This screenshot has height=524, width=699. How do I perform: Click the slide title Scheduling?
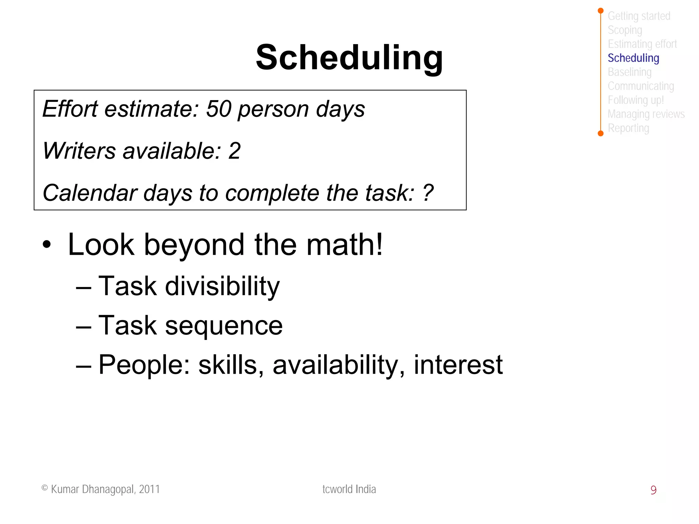349,57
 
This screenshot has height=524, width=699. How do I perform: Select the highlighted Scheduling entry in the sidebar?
633,58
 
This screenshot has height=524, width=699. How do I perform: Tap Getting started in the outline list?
639,16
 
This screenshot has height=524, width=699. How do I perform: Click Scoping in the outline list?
625,30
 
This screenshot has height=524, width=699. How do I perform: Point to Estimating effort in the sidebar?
642,44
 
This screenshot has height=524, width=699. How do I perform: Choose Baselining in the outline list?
629,72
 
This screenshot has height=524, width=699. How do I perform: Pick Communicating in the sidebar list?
641,86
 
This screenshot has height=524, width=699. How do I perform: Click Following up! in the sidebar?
636,100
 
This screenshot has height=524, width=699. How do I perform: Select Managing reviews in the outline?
646,114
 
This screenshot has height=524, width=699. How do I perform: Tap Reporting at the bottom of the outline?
628,128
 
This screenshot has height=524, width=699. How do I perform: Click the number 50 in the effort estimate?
219,109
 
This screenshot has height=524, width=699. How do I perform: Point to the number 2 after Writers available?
234,151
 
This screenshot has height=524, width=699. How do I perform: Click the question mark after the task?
428,193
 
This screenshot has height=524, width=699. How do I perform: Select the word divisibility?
222,286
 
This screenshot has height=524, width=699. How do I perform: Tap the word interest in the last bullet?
458,365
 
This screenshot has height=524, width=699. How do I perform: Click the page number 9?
653,490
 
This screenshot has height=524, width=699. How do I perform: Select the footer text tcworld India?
349,489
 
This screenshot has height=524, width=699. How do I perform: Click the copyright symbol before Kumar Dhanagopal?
45,488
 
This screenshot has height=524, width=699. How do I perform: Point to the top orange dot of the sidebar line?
601,11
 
